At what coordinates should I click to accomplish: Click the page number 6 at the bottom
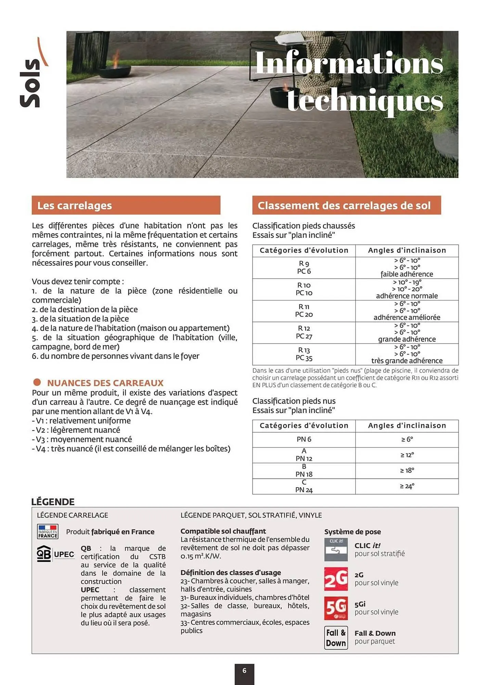244,671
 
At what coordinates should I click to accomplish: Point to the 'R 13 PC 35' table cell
304,354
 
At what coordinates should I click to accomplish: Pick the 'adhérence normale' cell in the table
407,296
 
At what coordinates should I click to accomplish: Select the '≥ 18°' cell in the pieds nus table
407,471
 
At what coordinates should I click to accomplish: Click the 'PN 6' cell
304,439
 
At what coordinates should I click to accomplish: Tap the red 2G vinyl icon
336,579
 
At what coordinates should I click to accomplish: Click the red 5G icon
336,608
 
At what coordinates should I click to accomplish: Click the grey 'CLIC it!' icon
336,549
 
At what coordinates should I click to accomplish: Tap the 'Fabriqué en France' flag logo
48,532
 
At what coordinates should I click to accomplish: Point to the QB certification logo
44,554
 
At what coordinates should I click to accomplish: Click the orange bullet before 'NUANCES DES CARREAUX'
37,382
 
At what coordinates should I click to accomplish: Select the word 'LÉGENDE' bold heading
53,502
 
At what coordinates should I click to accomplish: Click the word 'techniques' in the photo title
365,100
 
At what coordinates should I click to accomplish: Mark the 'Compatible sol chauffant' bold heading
223,531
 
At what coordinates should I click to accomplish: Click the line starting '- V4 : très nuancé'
131,449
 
